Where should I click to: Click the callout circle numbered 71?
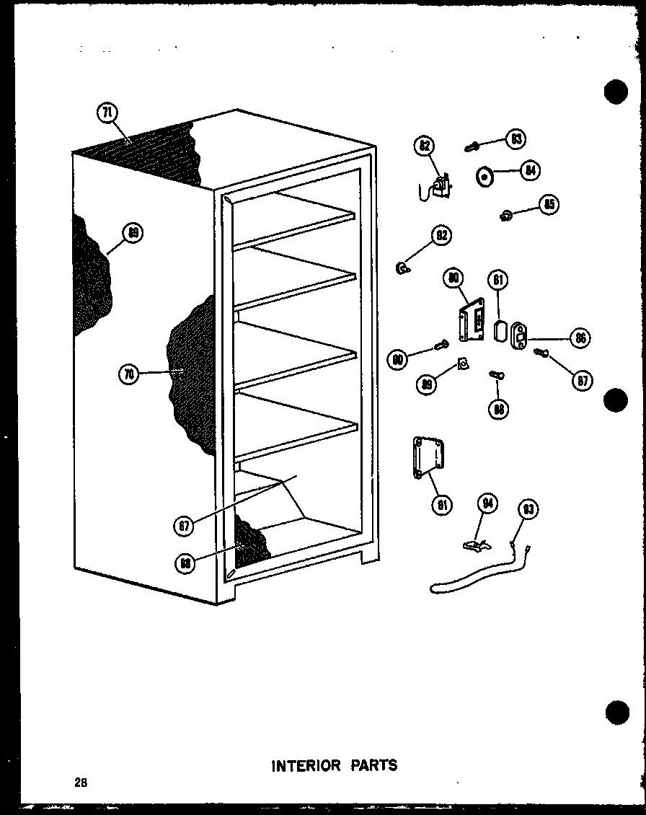[107, 113]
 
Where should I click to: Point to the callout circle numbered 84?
[531, 170]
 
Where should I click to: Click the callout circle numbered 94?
[488, 504]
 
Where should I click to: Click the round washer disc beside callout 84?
[484, 175]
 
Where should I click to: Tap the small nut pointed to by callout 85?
[506, 213]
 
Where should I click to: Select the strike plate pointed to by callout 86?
[519, 336]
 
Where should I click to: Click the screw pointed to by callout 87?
[541, 353]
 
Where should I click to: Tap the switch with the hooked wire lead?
[440, 188]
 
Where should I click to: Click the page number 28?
[79, 782]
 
